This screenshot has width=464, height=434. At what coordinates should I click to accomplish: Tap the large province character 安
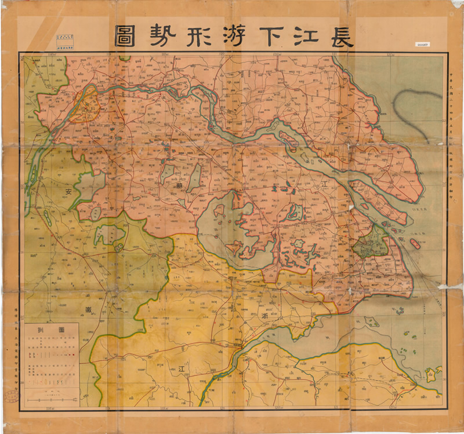[69, 191]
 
